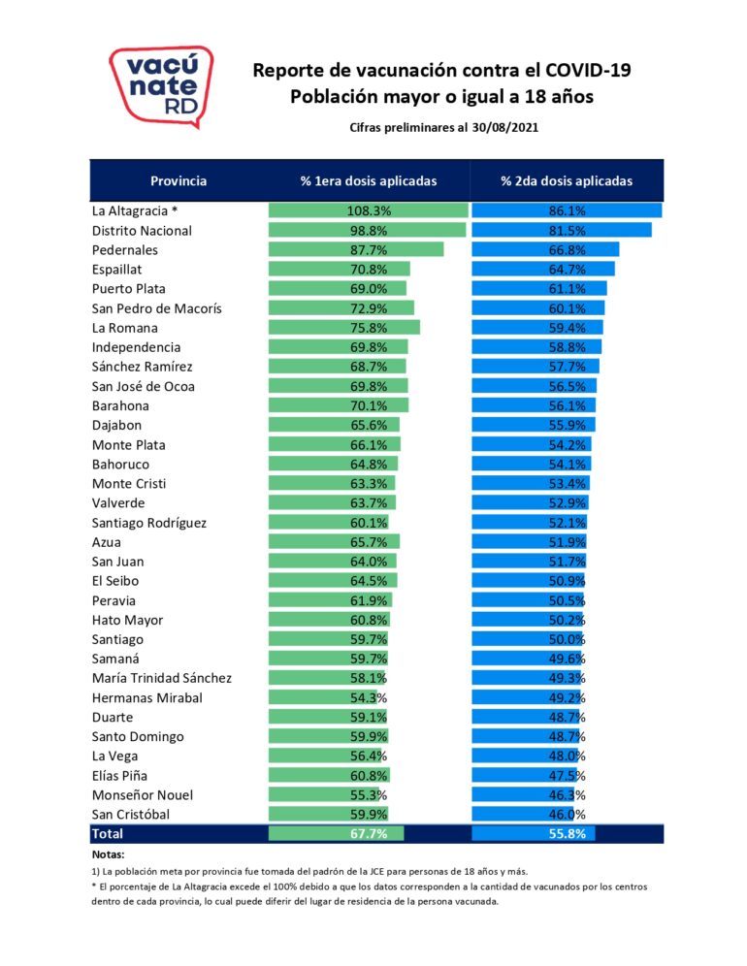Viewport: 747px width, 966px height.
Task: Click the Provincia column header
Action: (179, 181)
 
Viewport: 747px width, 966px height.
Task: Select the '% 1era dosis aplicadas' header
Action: (369, 181)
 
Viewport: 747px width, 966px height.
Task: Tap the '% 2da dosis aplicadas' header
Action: (567, 181)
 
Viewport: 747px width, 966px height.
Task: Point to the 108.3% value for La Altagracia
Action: (369, 210)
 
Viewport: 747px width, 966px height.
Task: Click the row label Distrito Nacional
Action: (142, 231)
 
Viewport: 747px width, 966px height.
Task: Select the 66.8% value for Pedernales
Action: (567, 250)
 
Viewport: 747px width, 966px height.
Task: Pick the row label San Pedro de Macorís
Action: (156, 308)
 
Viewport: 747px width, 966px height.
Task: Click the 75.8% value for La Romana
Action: (369, 328)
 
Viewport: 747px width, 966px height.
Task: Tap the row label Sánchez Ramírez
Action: (142, 367)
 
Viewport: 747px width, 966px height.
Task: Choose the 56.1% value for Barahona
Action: (567, 406)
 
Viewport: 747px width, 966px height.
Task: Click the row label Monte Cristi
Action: (130, 484)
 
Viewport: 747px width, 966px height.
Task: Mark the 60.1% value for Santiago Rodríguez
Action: (369, 523)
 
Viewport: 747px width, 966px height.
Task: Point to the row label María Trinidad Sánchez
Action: (162, 678)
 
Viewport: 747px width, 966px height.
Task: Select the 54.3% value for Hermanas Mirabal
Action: (369, 697)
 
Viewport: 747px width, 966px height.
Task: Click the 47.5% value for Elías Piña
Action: (567, 776)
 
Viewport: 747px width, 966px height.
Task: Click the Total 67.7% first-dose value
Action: (369, 834)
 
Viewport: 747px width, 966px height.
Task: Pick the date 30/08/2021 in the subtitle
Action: (504, 127)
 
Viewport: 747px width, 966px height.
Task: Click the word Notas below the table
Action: (107, 854)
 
